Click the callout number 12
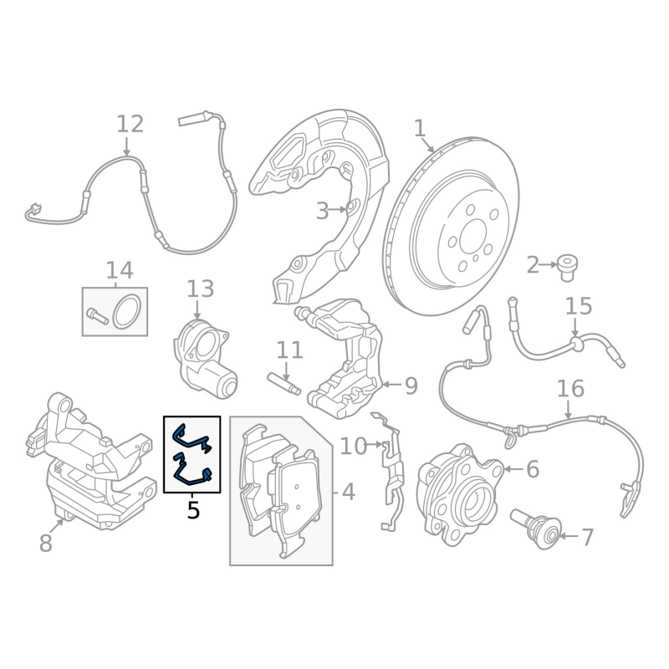click(130, 125)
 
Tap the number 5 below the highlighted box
click(193, 510)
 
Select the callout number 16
click(570, 389)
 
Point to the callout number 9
click(411, 386)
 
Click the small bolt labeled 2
click(567, 268)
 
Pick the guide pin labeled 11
click(283, 383)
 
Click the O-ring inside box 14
click(127, 312)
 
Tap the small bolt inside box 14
click(97, 316)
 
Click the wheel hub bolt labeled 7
click(535, 529)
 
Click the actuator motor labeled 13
click(204, 360)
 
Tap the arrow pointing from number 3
click(338, 210)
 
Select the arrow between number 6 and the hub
click(513, 469)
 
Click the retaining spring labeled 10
click(392, 469)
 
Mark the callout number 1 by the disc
click(421, 129)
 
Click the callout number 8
click(46, 543)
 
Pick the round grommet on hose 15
click(575, 344)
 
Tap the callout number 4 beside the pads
click(349, 492)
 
